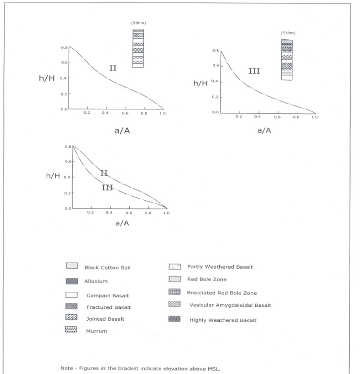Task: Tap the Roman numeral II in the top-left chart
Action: pyautogui.click(x=113, y=68)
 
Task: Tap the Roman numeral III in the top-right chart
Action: pyautogui.click(x=254, y=71)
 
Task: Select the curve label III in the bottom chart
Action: pyautogui.click(x=107, y=187)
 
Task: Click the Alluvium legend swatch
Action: pyautogui.click(x=72, y=281)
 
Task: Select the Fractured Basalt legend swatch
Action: pyautogui.click(x=72, y=307)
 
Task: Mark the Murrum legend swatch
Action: pyautogui.click(x=72, y=329)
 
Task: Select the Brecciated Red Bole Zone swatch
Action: pyautogui.click(x=174, y=292)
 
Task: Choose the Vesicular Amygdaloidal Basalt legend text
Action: pyautogui.click(x=229, y=305)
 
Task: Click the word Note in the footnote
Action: pyautogui.click(x=67, y=368)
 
